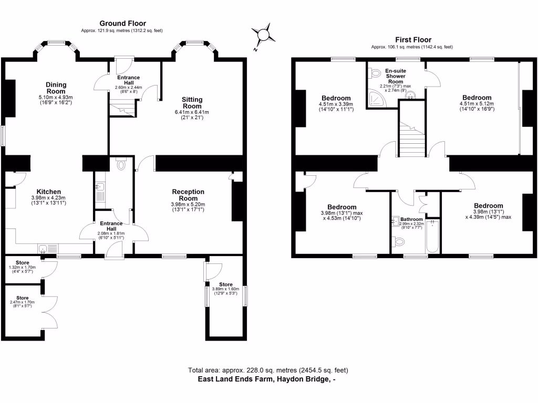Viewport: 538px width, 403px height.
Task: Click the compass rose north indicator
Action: click(x=261, y=35)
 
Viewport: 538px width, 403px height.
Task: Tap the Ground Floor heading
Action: click(x=122, y=23)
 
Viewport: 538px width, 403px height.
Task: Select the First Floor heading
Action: click(x=413, y=39)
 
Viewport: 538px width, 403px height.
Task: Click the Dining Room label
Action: click(x=55, y=87)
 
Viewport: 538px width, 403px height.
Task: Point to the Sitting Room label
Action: click(x=192, y=102)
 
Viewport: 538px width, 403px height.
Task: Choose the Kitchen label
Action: click(x=48, y=192)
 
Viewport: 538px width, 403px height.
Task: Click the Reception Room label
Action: click(x=188, y=195)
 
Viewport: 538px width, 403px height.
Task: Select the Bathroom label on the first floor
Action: click(x=411, y=219)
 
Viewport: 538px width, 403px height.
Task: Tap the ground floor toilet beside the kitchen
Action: click(x=122, y=165)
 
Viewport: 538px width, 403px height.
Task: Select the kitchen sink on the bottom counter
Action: click(x=44, y=248)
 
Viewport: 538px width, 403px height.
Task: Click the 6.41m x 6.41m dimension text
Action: click(x=192, y=112)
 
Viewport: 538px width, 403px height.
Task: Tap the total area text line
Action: click(x=268, y=370)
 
